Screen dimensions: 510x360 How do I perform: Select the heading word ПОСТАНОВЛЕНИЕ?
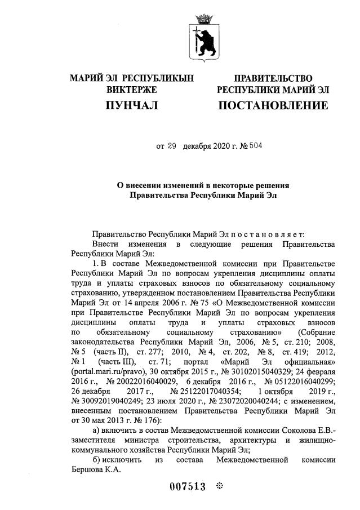pyautogui.click(x=273, y=105)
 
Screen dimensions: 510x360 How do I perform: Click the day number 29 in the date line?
pyautogui.click(x=172, y=146)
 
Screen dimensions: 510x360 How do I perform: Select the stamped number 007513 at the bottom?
pyautogui.click(x=188, y=487)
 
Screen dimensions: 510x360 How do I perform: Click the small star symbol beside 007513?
pyautogui.click(x=220, y=486)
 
